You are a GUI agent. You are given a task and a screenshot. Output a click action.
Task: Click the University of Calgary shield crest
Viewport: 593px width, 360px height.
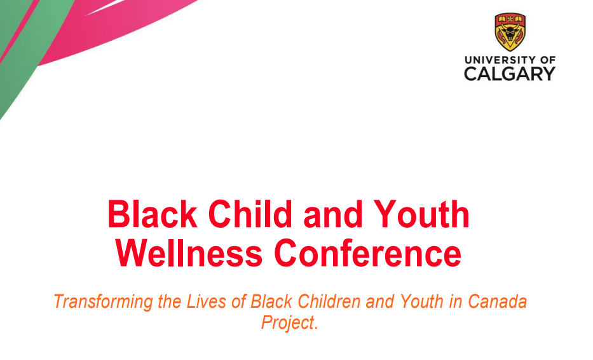point(510,32)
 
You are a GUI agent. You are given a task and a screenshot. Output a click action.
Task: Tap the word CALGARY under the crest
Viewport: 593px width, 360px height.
point(510,73)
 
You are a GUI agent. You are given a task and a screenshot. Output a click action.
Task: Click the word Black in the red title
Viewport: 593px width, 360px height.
point(153,214)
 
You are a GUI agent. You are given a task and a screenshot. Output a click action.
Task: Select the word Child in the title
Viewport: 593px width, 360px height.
point(250,214)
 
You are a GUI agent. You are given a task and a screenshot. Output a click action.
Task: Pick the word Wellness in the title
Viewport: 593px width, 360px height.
point(189,253)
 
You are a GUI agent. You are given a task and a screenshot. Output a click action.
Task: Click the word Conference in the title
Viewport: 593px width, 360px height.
point(367,253)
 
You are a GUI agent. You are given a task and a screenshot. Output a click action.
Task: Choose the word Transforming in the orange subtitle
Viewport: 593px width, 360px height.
point(103,302)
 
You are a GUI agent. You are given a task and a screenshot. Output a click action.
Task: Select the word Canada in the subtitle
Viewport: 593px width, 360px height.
point(497,301)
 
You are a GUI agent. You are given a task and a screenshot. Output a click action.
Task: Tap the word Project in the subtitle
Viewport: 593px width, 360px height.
point(288,323)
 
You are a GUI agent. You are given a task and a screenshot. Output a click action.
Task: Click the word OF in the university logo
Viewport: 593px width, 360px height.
point(548,60)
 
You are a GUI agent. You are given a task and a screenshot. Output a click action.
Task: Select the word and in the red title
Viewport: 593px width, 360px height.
point(333,216)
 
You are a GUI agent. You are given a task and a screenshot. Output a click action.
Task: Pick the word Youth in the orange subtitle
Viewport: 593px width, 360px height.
point(421,301)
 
